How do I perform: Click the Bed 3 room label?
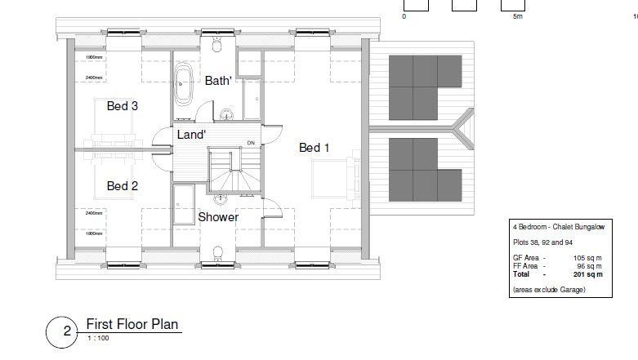tap(122, 106)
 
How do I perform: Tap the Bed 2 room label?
tap(122, 186)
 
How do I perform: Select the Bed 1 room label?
tap(315, 148)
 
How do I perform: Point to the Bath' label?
tap(218, 81)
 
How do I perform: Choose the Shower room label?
tap(218, 217)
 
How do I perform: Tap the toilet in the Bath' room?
tap(217, 42)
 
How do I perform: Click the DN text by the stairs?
tap(251, 144)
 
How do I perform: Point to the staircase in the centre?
tap(234, 171)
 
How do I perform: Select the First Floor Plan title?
tap(132, 325)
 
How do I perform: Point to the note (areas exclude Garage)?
tap(549, 290)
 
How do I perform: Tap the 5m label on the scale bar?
tap(517, 16)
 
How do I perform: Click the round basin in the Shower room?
tap(220, 198)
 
